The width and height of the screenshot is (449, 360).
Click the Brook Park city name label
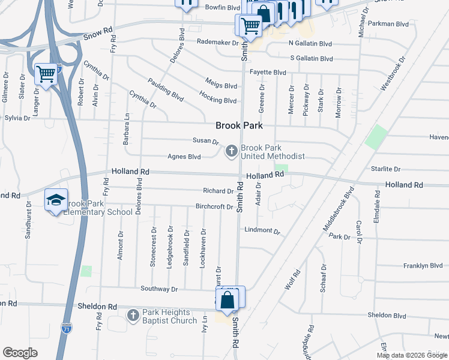click(x=240, y=126)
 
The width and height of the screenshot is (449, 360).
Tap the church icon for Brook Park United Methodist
click(x=231, y=152)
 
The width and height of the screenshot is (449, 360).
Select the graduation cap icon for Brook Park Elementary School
click(x=56, y=200)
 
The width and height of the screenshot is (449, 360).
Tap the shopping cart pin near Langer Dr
click(x=46, y=74)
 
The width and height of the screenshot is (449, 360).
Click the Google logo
click(x=20, y=352)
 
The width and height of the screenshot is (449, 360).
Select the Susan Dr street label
click(x=206, y=141)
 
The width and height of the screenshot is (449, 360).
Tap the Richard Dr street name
click(x=218, y=191)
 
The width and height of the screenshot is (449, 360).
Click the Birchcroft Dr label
click(x=214, y=207)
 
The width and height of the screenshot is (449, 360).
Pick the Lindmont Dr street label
click(x=262, y=230)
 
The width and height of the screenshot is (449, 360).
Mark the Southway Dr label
click(x=159, y=289)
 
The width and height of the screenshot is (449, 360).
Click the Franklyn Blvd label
click(x=423, y=265)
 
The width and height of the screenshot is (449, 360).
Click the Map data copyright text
click(x=411, y=355)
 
